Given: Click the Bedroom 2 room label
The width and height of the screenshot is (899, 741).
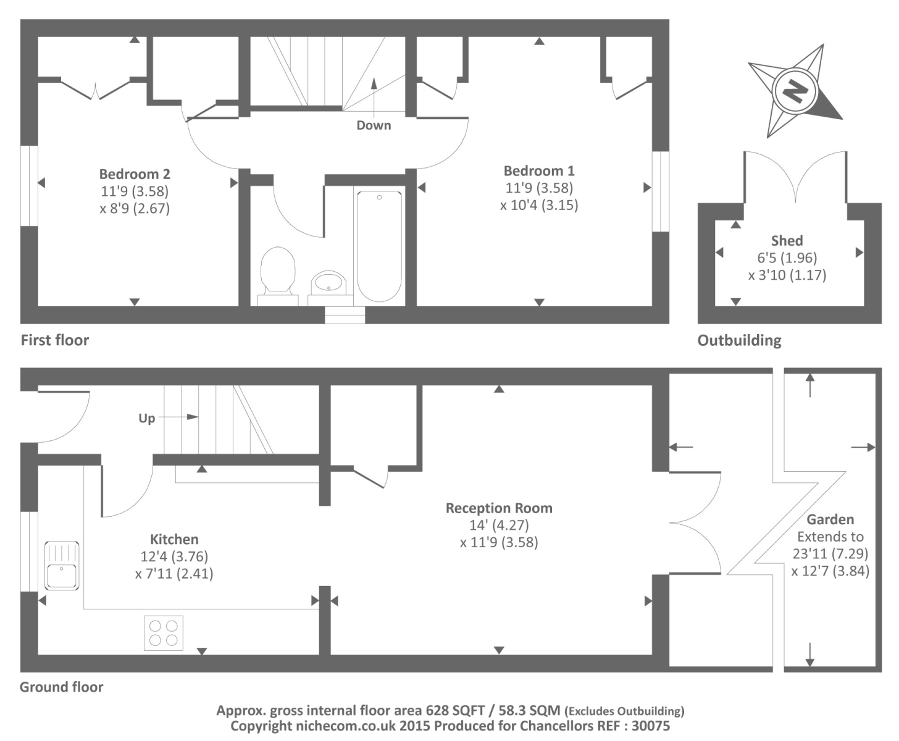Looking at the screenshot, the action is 135,174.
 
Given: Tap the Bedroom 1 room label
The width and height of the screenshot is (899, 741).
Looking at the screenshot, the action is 539,171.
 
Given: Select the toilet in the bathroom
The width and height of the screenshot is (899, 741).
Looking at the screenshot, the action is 277,272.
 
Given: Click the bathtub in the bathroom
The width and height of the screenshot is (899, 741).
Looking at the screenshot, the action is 379,246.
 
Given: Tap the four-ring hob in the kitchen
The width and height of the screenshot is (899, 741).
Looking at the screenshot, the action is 164,633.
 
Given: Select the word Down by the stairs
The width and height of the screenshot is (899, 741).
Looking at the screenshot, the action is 374,125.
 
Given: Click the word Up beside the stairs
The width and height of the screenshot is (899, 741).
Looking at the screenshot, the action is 146,418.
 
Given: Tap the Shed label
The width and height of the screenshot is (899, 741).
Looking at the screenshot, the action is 787,241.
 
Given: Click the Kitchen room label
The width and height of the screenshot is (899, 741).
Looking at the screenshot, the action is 174,540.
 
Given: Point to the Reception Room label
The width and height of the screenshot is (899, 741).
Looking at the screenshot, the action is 499,508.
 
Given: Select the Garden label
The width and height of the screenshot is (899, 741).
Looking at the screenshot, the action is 830,520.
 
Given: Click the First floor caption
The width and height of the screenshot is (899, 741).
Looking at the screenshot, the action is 55,340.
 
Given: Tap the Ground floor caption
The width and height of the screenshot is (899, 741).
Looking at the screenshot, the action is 61,687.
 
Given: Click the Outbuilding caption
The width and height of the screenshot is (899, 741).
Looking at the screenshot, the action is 739,340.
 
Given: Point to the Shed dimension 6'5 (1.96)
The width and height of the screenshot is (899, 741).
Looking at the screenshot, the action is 787,258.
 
